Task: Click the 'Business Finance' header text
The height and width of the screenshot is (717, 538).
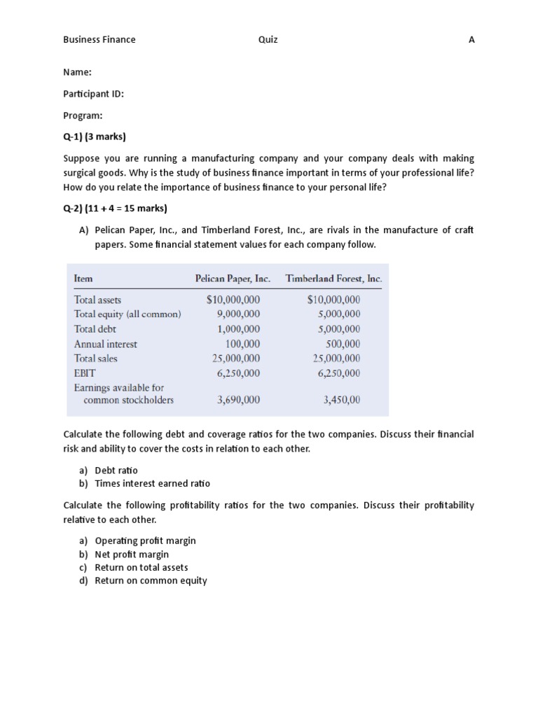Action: (x=99, y=40)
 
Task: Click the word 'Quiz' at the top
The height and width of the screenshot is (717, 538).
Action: (x=268, y=40)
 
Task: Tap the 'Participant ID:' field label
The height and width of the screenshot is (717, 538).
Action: (x=94, y=94)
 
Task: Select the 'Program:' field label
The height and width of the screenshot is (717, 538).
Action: (x=83, y=116)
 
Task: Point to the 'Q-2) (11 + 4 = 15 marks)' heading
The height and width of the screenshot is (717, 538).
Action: (x=116, y=208)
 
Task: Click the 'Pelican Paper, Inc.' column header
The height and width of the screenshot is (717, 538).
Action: (x=233, y=279)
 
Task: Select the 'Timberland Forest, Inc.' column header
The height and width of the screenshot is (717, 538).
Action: (x=334, y=279)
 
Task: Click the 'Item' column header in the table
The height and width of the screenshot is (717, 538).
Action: (x=83, y=279)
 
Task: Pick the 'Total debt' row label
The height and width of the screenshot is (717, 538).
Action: (x=95, y=329)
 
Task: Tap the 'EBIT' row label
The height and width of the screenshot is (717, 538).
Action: (x=84, y=373)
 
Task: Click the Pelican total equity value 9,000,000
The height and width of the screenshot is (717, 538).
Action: (x=238, y=314)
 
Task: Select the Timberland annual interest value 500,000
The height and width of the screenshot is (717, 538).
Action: (x=343, y=344)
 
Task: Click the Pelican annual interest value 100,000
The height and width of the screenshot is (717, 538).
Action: (x=242, y=344)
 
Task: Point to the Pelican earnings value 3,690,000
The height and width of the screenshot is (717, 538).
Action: (x=238, y=401)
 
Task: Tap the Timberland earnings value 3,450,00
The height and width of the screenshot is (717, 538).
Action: (x=342, y=401)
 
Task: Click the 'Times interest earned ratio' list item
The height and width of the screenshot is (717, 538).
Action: (x=152, y=484)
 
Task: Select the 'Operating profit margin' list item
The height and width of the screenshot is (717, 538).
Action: (x=145, y=541)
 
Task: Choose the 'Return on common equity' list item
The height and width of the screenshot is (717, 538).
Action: (x=151, y=580)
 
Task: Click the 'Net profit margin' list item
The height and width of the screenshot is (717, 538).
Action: (x=132, y=555)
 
